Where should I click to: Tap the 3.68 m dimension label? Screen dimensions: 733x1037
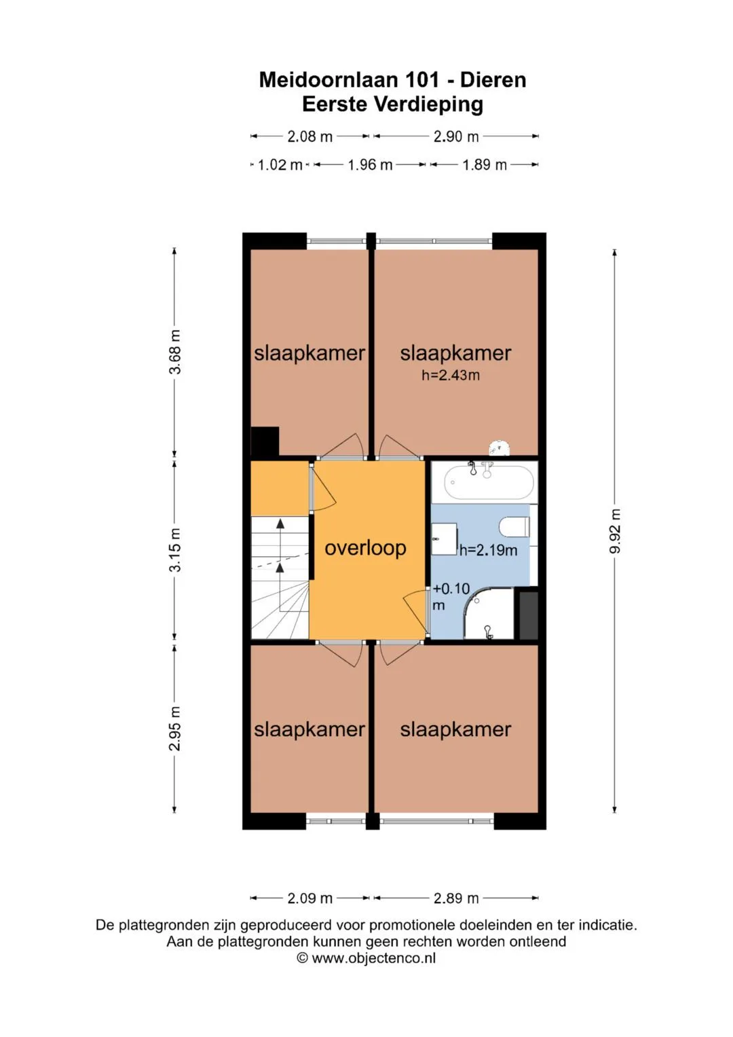pyautogui.click(x=175, y=352)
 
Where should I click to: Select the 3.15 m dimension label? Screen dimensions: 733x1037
pyautogui.click(x=175, y=549)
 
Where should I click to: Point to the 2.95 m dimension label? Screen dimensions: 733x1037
pyautogui.click(x=175, y=729)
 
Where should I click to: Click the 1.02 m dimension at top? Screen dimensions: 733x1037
pyautogui.click(x=280, y=165)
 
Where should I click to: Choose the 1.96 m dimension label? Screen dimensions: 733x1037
pyautogui.click(x=370, y=165)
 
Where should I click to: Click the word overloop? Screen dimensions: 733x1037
pyautogui.click(x=365, y=548)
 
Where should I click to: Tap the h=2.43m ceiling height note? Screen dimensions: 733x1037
pyautogui.click(x=450, y=375)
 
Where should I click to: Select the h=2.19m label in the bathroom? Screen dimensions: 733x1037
pyautogui.click(x=488, y=550)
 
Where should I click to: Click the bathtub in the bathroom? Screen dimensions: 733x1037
pyautogui.click(x=489, y=482)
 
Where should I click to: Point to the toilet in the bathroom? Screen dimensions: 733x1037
pyautogui.click(x=514, y=527)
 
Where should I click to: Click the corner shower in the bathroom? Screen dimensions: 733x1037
pyautogui.click(x=489, y=613)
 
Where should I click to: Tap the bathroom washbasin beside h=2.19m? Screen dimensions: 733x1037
pyautogui.click(x=445, y=539)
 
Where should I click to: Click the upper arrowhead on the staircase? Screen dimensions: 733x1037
pyautogui.click(x=280, y=524)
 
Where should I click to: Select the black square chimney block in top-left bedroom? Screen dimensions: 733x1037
pyautogui.click(x=265, y=441)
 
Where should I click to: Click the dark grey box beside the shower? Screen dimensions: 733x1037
pyautogui.click(x=529, y=616)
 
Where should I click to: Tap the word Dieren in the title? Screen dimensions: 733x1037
pyautogui.click(x=493, y=80)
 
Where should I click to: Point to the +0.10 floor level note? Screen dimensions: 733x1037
pyautogui.click(x=451, y=589)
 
